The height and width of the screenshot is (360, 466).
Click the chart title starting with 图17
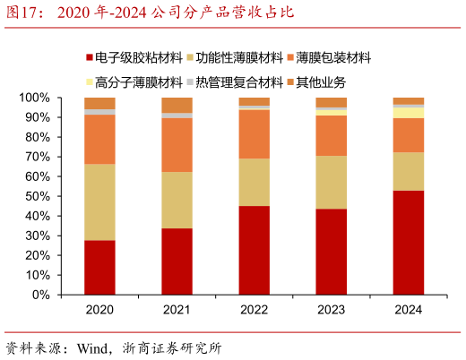149,13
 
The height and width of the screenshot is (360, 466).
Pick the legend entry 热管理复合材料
235,82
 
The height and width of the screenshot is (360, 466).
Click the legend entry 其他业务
317,82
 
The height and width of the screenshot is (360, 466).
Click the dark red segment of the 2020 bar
99,267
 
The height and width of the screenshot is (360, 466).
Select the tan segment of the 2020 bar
99,201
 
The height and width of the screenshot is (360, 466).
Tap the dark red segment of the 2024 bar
408,242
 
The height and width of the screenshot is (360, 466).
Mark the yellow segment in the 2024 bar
408,113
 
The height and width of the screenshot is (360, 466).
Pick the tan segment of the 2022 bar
254,182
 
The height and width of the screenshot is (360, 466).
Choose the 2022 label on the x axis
254,310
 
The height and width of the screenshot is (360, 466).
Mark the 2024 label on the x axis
408,310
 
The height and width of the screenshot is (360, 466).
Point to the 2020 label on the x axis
99,310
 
